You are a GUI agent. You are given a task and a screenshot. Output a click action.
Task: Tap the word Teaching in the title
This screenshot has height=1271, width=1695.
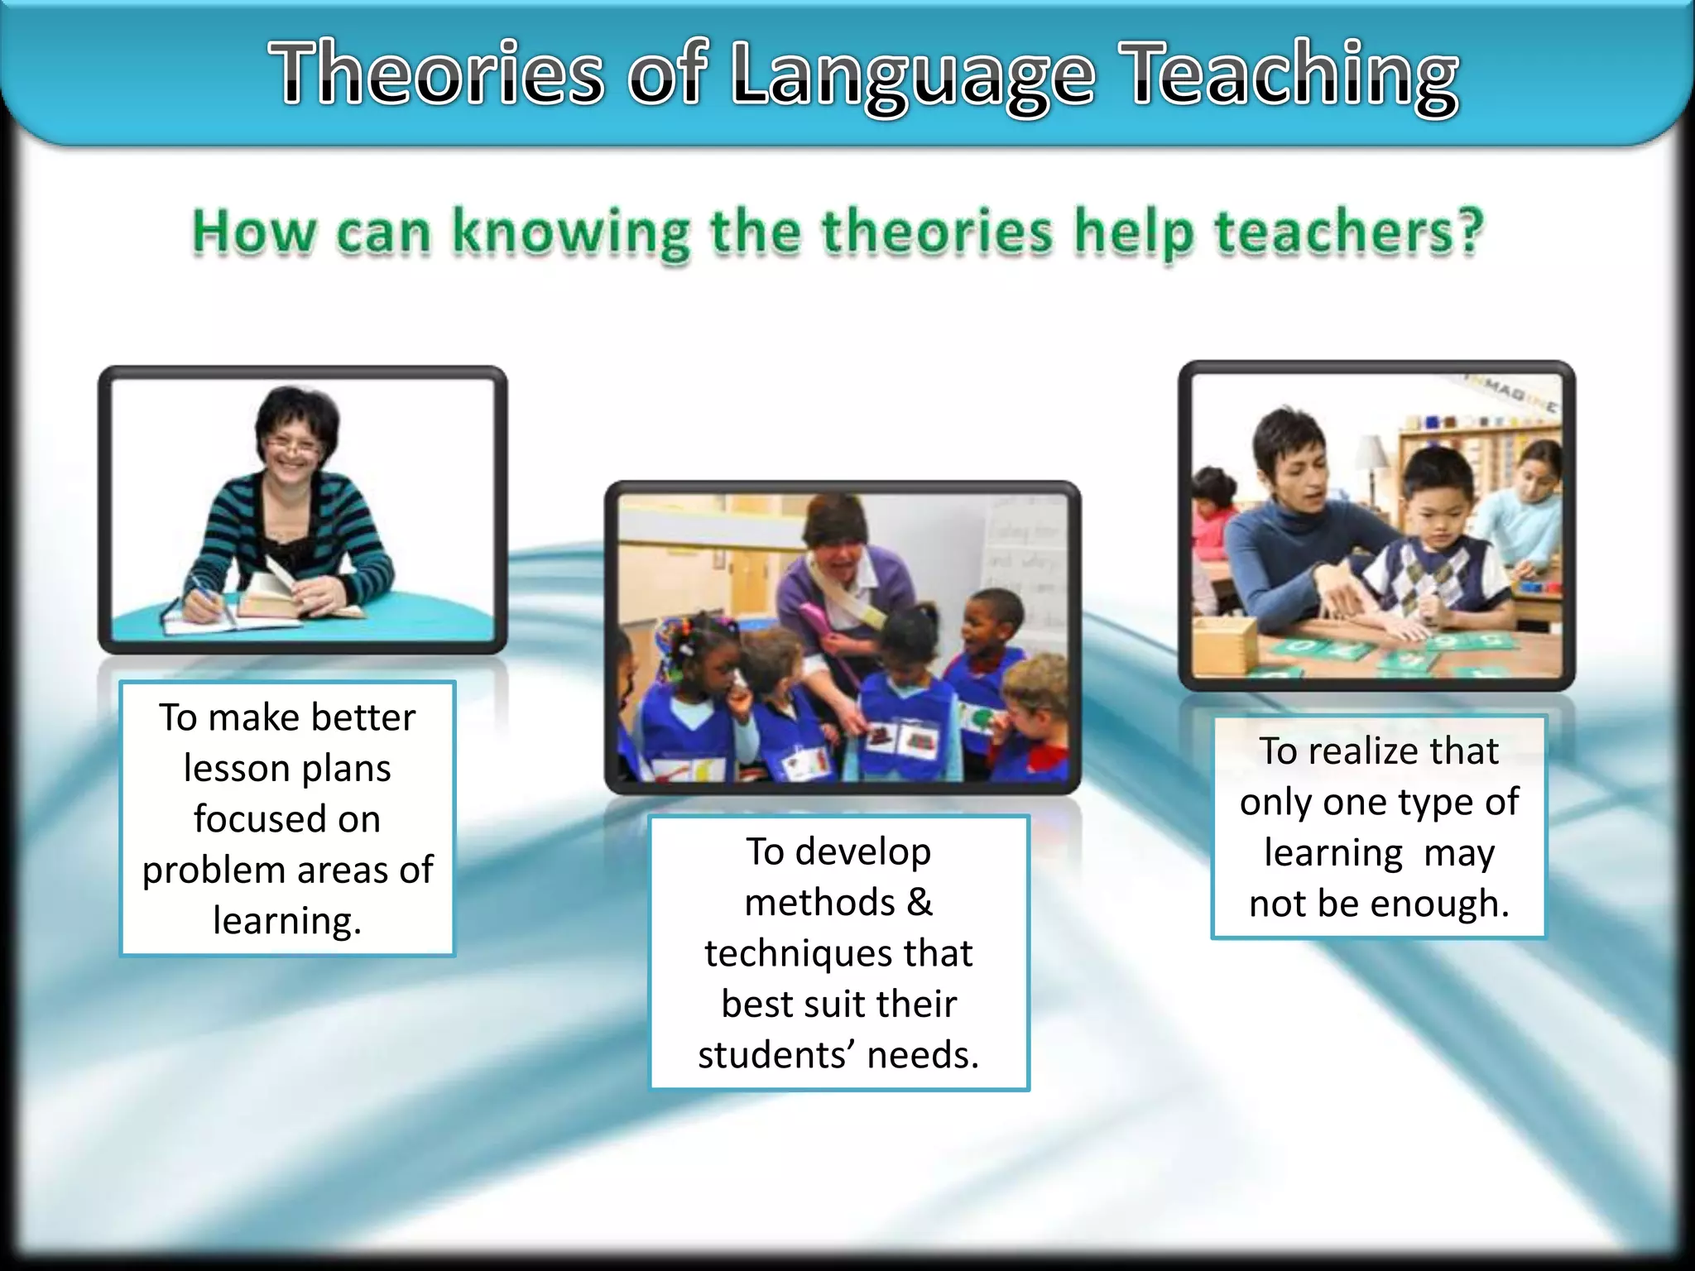(1294, 76)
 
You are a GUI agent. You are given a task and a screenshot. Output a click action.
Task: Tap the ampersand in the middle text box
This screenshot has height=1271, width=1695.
(919, 902)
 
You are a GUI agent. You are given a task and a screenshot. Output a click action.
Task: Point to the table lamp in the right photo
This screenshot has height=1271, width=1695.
(1373, 460)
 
